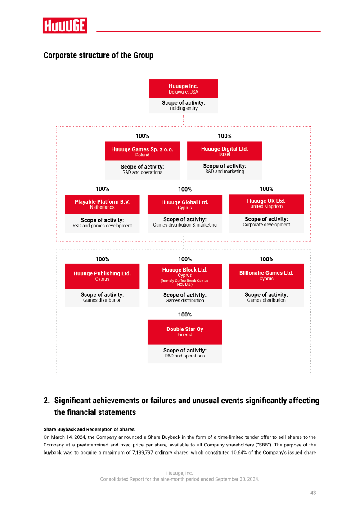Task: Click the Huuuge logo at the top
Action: point(65,25)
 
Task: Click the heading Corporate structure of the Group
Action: point(98,55)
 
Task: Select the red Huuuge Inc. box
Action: point(183,89)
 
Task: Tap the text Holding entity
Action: point(183,108)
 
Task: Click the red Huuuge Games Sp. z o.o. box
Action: point(142,151)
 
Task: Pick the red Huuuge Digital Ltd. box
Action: point(225,151)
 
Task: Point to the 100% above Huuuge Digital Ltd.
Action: point(225,136)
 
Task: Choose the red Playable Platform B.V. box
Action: point(102,204)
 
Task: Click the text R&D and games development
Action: point(102,226)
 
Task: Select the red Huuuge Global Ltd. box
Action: point(185,205)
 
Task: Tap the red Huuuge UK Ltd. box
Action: point(266,204)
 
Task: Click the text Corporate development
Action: point(266,224)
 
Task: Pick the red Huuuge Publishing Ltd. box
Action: point(102,276)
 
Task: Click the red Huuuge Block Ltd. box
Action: point(185,276)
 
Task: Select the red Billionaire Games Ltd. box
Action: point(266,276)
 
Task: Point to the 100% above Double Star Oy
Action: point(185,315)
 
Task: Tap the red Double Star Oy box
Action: point(185,332)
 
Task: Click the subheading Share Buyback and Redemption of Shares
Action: point(89,429)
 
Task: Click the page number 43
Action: point(313,492)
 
